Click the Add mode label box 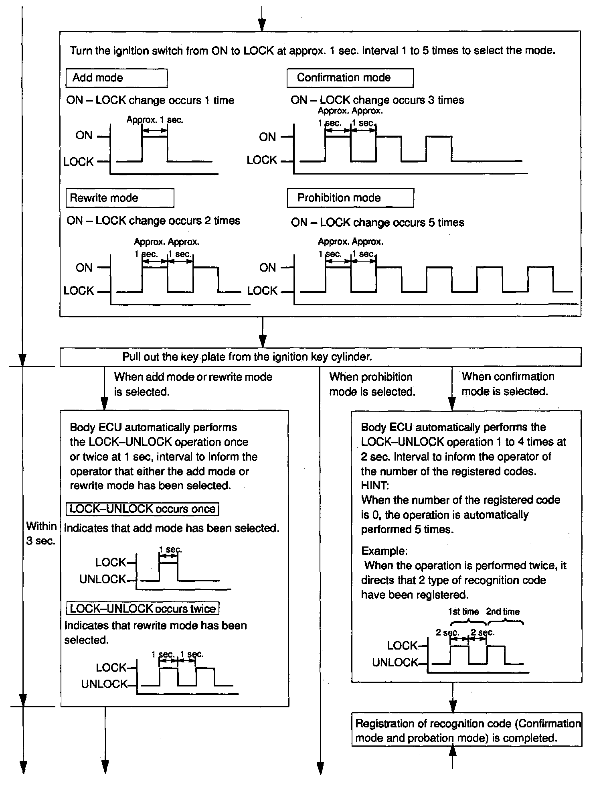[116, 78]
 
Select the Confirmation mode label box [350, 78]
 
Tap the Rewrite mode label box [119, 198]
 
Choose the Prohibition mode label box [350, 198]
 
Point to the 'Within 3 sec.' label [41, 533]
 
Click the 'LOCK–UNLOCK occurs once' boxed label [142, 509]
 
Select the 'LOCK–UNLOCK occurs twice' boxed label [143, 608]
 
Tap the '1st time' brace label [463, 611]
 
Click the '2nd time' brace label [503, 611]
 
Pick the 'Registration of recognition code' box [467, 731]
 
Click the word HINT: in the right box [375, 485]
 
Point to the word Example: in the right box [384, 551]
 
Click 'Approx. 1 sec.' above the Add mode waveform [155, 120]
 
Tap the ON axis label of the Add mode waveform [84, 136]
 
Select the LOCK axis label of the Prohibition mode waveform [262, 291]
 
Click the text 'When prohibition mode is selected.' [372, 384]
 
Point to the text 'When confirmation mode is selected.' [508, 384]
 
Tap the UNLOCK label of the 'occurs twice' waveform [104, 684]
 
